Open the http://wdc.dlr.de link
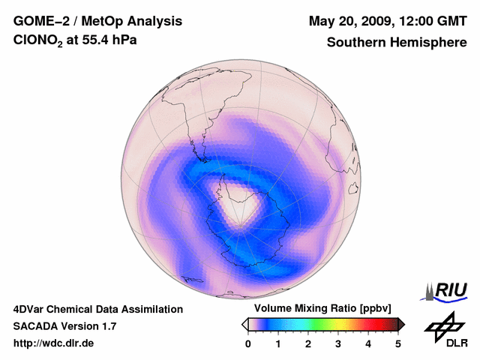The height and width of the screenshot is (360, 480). pos(54,343)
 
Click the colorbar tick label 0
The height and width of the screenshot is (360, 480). pos(248,343)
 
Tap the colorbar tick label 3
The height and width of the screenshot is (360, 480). pos(338,343)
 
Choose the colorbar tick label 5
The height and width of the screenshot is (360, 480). pos(398,343)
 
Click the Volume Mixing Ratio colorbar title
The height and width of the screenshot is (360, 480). pos(322,309)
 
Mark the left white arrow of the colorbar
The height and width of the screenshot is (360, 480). pos(245,324)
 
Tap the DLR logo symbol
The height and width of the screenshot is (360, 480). pos(440,325)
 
